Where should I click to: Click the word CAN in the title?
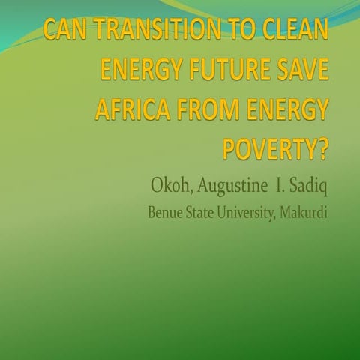point(64,34)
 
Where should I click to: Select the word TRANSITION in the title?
point(148,34)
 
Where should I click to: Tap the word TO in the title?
point(224,34)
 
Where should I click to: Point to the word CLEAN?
point(287,34)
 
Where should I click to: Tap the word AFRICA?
point(130,112)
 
